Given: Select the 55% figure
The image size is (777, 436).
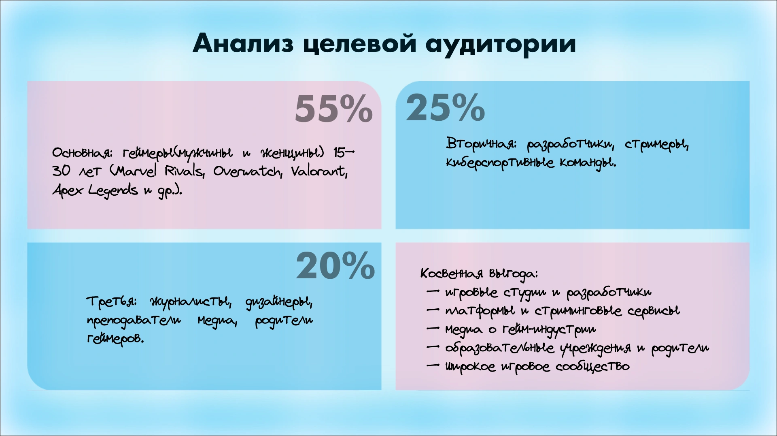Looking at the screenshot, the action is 333,108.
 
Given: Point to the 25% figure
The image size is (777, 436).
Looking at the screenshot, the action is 445,107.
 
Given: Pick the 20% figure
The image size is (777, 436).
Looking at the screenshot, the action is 335,266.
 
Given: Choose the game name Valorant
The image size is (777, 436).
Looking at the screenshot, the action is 319,171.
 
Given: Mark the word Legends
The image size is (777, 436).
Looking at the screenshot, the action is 113,190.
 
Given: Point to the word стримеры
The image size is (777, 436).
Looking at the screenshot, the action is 656,145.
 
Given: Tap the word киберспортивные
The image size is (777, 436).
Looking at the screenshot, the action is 500,163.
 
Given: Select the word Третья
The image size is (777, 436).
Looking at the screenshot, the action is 112,301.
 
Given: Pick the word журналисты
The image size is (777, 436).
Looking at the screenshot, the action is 191,302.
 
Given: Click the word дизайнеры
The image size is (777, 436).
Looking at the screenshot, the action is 279,302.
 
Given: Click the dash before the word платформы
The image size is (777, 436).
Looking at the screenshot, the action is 433,310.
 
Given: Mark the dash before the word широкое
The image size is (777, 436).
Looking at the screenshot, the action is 433,365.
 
